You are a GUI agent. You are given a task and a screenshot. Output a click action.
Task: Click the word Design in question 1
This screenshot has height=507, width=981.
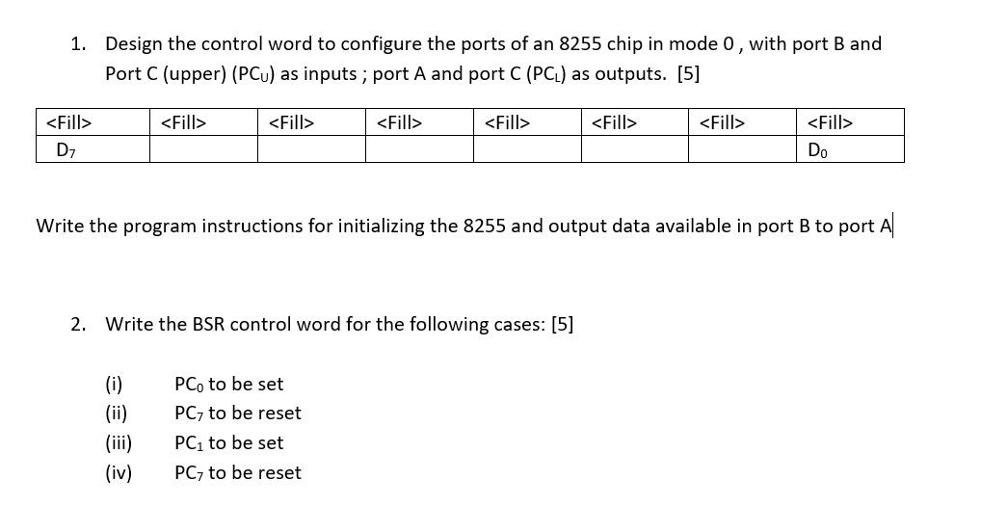(x=135, y=43)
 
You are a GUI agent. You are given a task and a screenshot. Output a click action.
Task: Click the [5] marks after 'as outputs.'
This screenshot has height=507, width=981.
(x=688, y=73)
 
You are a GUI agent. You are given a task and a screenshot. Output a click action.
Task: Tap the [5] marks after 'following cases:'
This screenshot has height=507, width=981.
(x=562, y=324)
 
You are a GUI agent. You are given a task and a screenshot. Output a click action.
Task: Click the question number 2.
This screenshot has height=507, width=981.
(x=78, y=324)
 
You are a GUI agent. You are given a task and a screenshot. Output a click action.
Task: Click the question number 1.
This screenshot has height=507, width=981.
(x=78, y=43)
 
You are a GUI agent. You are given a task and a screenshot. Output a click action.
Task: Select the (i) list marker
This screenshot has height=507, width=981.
(x=113, y=384)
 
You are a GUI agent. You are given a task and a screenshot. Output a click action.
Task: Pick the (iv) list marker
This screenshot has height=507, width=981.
(x=119, y=472)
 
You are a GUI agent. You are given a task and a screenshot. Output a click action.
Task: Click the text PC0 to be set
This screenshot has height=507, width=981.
(x=228, y=384)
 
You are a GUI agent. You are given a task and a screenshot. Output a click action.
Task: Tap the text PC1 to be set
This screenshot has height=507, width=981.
(x=228, y=442)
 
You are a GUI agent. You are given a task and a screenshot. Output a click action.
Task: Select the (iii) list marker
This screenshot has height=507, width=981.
(x=118, y=442)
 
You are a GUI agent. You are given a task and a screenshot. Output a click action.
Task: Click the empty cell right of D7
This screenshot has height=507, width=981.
(x=202, y=149)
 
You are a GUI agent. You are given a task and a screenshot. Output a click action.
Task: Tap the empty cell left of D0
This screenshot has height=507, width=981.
(x=741, y=149)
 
